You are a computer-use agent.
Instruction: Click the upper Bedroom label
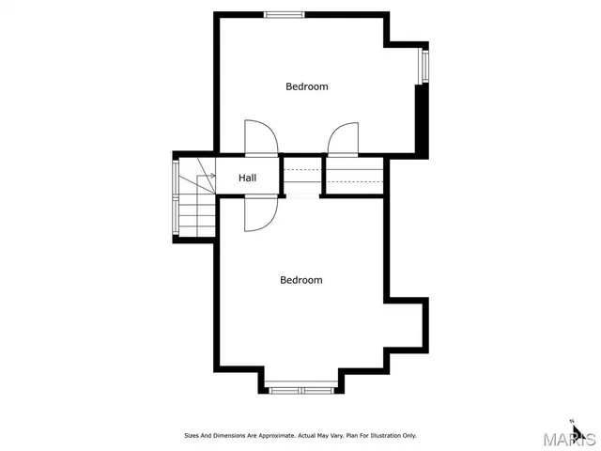pyautogui.click(x=307, y=86)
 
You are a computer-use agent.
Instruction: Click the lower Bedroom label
pyautogui.click(x=301, y=280)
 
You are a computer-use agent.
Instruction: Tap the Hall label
pyautogui.click(x=248, y=178)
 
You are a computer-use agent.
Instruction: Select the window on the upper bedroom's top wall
pyautogui.click(x=284, y=14)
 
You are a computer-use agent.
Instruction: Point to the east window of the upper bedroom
pyautogui.click(x=424, y=65)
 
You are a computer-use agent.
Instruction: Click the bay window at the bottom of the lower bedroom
pyautogui.click(x=301, y=387)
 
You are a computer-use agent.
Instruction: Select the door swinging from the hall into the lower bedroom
pyautogui.click(x=258, y=213)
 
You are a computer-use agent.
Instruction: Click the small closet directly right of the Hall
pyautogui.click(x=301, y=176)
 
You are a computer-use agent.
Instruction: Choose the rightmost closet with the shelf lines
pyautogui.click(x=354, y=176)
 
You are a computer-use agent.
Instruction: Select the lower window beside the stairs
pyautogui.click(x=176, y=216)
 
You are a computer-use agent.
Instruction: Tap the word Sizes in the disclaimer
pyautogui.click(x=192, y=436)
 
